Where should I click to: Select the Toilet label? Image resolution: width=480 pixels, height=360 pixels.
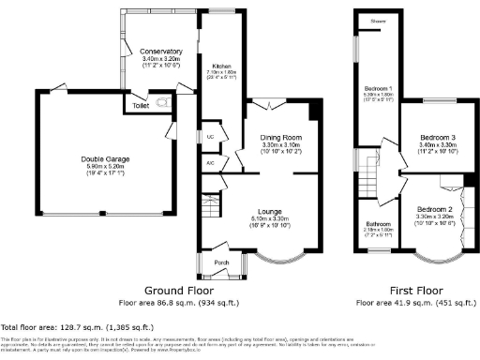tap(142, 106)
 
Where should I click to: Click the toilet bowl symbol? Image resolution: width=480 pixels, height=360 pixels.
tap(165, 100)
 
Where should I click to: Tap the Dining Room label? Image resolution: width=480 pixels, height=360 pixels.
tap(278, 137)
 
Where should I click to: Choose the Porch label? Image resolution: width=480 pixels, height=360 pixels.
tap(221, 262)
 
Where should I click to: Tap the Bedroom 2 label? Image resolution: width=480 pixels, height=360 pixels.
tap(435, 208)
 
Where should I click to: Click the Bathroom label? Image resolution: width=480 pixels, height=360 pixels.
tap(378, 224)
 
